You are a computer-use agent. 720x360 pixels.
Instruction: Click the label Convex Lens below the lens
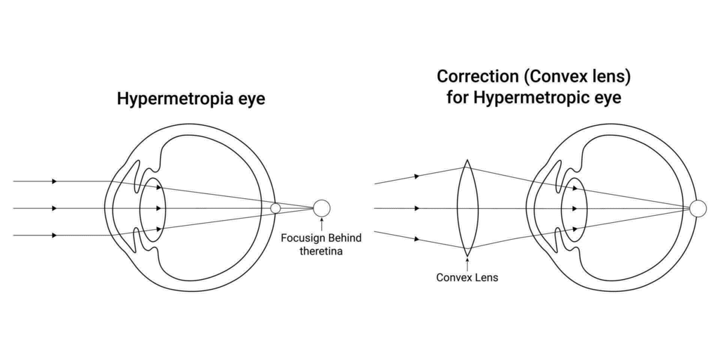click(x=467, y=277)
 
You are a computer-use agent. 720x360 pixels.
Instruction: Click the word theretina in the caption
click(x=321, y=251)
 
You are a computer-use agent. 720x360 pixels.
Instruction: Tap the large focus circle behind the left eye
click(x=321, y=208)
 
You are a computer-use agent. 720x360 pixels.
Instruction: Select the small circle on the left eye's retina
click(x=276, y=208)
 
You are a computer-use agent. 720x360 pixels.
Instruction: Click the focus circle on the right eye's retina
click(x=697, y=208)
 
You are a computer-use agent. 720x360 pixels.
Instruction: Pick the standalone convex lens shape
click(x=467, y=207)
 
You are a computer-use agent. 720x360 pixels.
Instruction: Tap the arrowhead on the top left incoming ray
click(x=54, y=181)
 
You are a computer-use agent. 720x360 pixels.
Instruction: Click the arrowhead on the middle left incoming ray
click(x=54, y=208)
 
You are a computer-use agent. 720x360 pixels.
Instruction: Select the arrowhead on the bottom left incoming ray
click(x=54, y=235)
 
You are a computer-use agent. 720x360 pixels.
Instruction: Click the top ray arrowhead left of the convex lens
click(x=417, y=176)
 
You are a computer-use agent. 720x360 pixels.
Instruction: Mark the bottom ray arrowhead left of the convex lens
click(x=417, y=239)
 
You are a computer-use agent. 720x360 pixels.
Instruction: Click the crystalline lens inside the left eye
click(x=153, y=208)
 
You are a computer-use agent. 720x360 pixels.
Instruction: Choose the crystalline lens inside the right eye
click(x=574, y=208)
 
